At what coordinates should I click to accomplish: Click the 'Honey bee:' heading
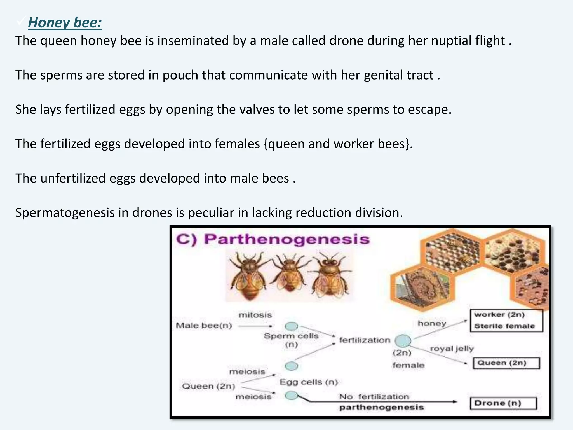pyautogui.click(x=65, y=23)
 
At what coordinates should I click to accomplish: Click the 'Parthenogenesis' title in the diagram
pyautogui.click(x=287, y=240)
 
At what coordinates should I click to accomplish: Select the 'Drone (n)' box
pyautogui.click(x=503, y=403)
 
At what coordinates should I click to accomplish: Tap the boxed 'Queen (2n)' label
pyautogui.click(x=506, y=363)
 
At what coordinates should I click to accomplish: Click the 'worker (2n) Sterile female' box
pyautogui.click(x=506, y=320)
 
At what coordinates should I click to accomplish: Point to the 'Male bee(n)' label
pyautogui.click(x=204, y=326)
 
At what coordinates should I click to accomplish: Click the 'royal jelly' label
pyautogui.click(x=452, y=349)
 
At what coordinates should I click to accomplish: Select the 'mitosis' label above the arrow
pyautogui.click(x=255, y=315)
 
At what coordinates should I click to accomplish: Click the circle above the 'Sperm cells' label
pyautogui.click(x=291, y=326)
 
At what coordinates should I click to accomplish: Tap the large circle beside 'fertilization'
pyautogui.click(x=403, y=341)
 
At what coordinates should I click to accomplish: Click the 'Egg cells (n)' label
pyautogui.click(x=309, y=382)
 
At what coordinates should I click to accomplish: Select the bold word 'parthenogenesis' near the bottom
pyautogui.click(x=381, y=407)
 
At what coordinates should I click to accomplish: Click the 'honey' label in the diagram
pyautogui.click(x=432, y=324)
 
